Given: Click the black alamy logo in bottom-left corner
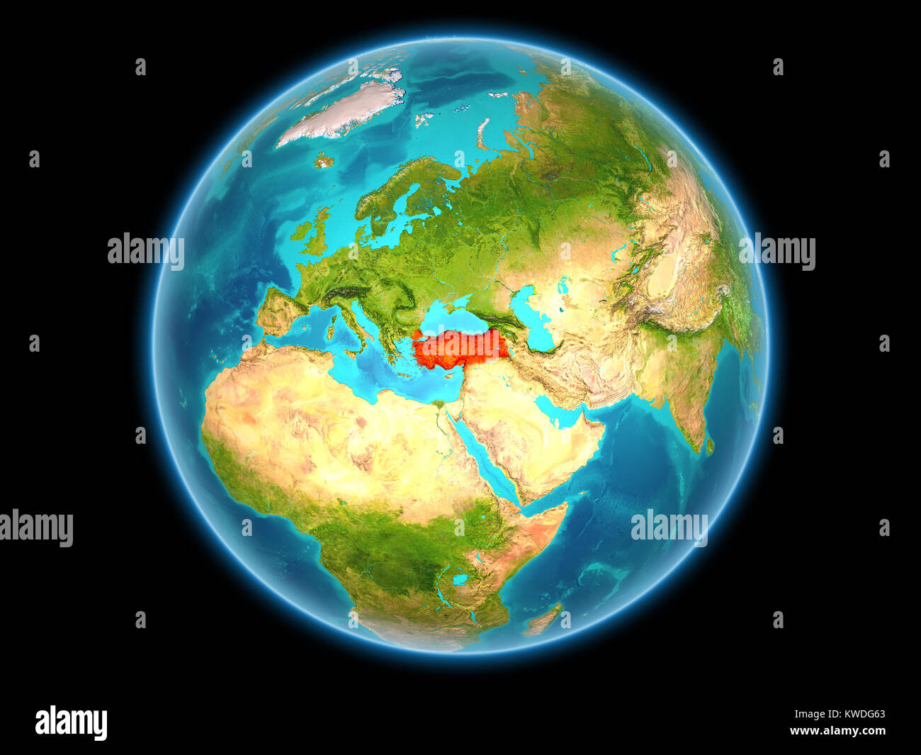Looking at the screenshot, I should pyautogui.click(x=72, y=723).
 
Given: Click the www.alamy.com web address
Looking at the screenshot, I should pyautogui.click(x=837, y=731).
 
